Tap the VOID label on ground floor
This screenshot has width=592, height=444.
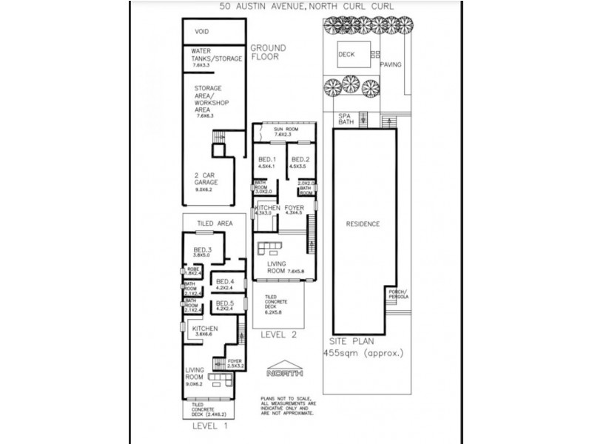coord(201,33)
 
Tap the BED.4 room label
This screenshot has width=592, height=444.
coord(224,283)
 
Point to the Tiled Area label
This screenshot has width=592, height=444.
coord(215,223)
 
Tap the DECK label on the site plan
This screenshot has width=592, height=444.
coord(346,54)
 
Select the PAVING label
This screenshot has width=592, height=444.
coord(391,64)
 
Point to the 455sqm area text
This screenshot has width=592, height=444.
coord(363,354)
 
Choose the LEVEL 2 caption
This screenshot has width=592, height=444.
coord(279,334)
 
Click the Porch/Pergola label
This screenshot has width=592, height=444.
coord(398,297)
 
